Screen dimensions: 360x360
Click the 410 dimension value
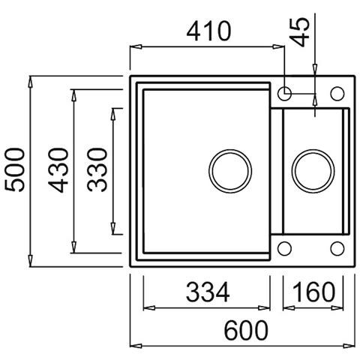209,31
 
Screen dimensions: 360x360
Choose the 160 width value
313,292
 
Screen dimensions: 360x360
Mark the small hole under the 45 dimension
286,94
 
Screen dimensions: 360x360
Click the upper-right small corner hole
336,94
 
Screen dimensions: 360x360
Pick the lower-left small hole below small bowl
286,248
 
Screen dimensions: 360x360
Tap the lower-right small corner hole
336,248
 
